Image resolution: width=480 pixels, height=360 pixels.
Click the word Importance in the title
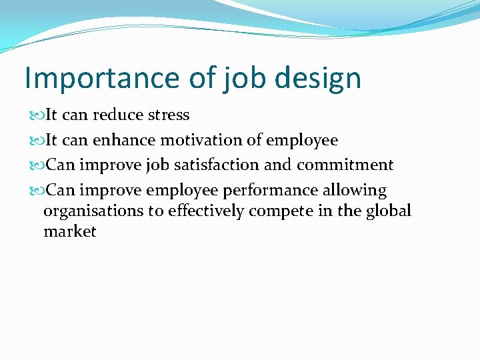101,78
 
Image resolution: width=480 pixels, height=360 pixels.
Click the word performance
271,191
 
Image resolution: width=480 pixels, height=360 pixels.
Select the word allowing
355,191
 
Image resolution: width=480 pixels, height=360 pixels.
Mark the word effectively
200,211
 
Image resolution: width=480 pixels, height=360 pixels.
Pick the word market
70,232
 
